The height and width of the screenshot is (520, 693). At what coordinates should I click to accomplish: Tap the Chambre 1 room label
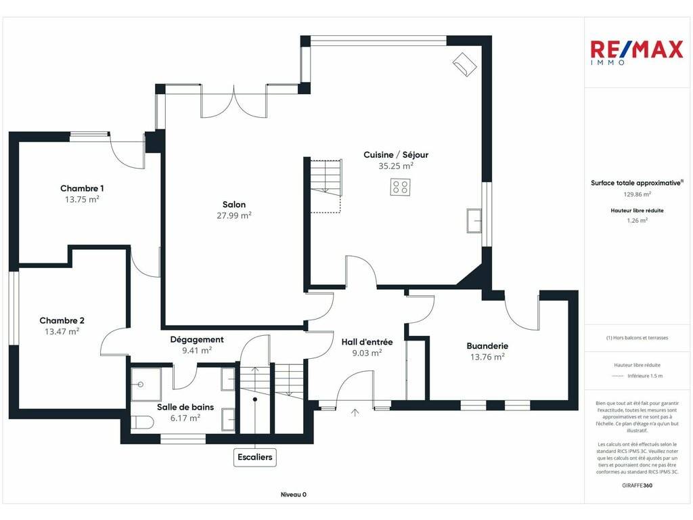point(82,188)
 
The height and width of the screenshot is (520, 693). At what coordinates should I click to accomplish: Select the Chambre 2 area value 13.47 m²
point(62,331)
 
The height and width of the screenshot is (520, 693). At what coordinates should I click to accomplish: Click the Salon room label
point(233,204)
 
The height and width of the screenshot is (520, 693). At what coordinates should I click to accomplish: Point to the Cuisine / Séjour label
point(395,155)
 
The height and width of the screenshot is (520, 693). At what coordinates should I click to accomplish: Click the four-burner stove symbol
point(400,187)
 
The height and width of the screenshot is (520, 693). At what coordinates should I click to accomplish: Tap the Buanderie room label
point(487,346)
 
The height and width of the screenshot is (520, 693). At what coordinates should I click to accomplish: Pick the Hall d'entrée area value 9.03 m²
point(367,353)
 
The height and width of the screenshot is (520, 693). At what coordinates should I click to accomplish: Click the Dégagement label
point(197,340)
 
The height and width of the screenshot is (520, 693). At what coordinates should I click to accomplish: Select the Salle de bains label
point(185,407)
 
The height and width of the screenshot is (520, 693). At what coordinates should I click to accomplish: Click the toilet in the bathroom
point(142,422)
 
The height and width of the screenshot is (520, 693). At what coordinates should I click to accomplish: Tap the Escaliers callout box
point(255,457)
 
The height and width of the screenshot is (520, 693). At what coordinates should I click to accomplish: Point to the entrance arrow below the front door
point(355,412)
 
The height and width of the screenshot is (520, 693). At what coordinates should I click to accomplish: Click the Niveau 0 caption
point(294,494)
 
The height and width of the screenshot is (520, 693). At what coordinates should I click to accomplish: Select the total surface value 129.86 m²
point(637,194)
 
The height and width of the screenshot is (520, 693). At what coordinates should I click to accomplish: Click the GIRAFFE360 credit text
point(637,485)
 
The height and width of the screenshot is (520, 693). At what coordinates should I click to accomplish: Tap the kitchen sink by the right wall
point(474,220)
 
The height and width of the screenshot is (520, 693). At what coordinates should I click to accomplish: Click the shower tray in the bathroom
point(146,385)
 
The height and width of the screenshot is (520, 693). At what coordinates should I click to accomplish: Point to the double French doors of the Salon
point(233,102)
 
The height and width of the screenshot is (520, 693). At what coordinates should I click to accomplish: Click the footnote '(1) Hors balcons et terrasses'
point(637,338)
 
